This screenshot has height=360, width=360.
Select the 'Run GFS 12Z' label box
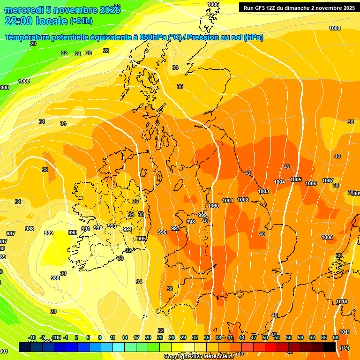pos(299,7)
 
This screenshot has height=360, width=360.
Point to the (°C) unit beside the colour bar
pos(344,348)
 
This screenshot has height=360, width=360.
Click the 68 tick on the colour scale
pos(336,337)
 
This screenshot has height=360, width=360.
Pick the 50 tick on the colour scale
pos(265,337)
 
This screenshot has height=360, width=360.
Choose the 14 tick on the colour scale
pos(125,337)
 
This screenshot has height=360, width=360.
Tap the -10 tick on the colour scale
pos(32,337)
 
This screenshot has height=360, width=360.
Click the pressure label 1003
pos(263,191)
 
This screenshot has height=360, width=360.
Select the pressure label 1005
pos(296,180)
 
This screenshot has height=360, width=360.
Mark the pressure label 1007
pos(328,180)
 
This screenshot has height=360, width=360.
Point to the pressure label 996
pos(162,232)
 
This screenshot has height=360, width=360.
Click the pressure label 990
pos(73,232)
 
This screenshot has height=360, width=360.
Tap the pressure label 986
pos(30,229)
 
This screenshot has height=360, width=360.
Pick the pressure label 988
pos(55,278)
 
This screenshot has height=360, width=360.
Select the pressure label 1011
pos(345,332)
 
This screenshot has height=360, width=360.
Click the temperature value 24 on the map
pos(78,54)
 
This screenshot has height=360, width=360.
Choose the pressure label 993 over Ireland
pos(112,226)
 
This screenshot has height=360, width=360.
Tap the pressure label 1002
pos(243,200)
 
